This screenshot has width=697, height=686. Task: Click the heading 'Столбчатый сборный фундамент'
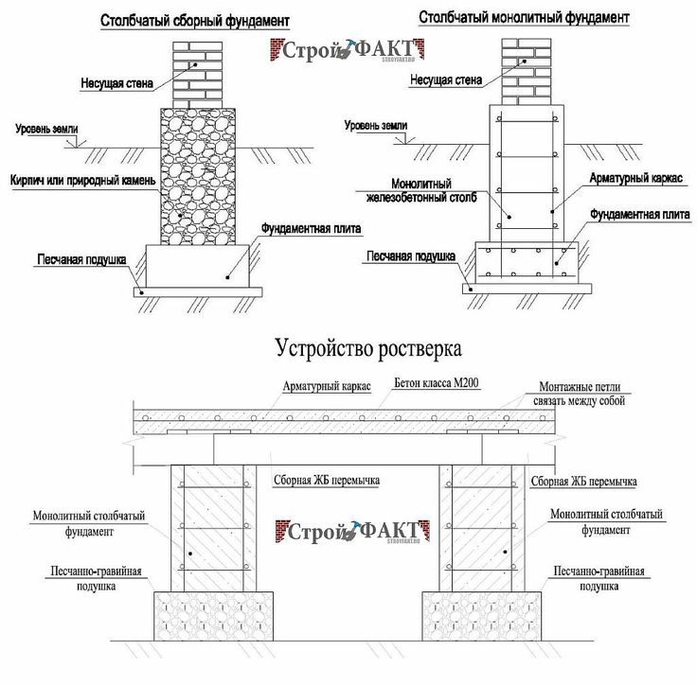coord(195,20)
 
